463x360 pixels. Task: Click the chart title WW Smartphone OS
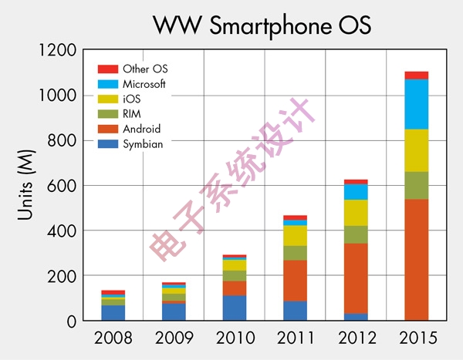[x=262, y=25]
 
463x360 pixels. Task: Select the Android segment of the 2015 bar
[x=416, y=259]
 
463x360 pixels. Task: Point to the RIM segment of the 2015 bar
[x=416, y=185]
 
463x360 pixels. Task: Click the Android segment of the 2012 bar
[x=356, y=278]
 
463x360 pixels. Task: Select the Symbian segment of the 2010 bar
[x=235, y=308]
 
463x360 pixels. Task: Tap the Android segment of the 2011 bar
[x=295, y=281]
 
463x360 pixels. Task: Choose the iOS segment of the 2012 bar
[x=356, y=213]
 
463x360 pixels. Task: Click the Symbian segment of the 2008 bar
[x=113, y=312]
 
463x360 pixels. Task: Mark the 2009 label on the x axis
[x=174, y=338]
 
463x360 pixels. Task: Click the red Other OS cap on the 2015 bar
[x=416, y=75]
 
